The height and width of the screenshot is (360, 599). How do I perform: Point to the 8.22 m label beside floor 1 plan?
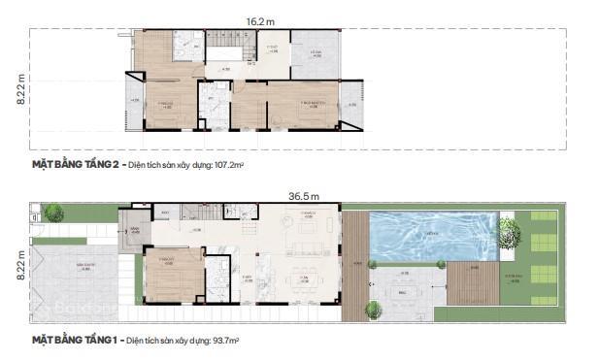[x=20, y=263]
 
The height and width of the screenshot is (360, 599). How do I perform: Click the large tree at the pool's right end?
[x=509, y=230]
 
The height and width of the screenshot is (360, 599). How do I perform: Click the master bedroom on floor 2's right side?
[x=302, y=104]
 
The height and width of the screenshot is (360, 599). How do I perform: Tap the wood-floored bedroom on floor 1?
[x=173, y=273]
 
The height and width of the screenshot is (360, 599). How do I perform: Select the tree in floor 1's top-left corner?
[x=53, y=213]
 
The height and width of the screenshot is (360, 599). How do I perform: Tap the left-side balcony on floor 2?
[x=133, y=101]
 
